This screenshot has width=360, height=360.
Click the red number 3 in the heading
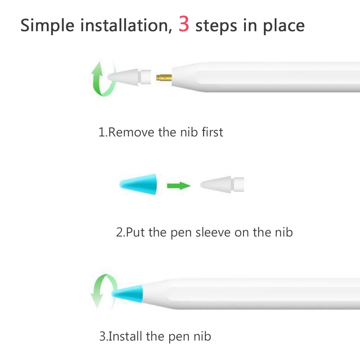184,24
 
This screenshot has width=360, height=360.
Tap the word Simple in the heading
47,26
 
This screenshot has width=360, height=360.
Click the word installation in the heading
126,25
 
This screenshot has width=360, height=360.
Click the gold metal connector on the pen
164,78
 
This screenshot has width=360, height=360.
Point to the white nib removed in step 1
129,77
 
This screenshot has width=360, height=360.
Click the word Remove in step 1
131,132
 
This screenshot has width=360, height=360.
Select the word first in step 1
212,132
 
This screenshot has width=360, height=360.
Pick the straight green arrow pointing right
179,185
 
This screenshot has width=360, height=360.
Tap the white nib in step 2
222,184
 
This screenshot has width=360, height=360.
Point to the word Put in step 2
135,232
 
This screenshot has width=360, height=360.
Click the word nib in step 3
202,336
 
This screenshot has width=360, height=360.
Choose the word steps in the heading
216,26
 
